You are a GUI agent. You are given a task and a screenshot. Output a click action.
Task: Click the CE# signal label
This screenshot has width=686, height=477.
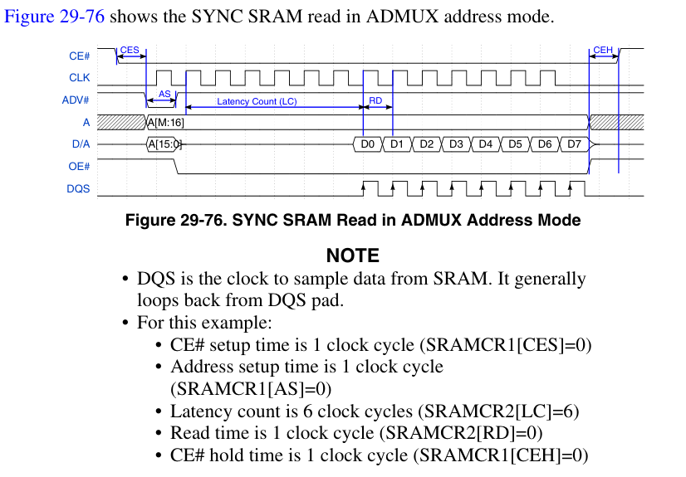pyautogui.click(x=79, y=56)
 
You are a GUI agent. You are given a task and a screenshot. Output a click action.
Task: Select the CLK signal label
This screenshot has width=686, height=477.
pyautogui.click(x=80, y=78)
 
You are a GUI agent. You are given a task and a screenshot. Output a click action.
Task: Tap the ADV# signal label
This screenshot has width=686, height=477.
pyautogui.click(x=77, y=100)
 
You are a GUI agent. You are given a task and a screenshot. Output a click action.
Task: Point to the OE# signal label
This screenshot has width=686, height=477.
pyautogui.click(x=79, y=166)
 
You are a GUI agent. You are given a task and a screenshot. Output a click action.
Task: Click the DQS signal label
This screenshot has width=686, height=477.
pyautogui.click(x=78, y=189)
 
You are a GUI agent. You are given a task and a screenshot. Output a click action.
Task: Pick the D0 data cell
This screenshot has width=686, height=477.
pyautogui.click(x=368, y=144)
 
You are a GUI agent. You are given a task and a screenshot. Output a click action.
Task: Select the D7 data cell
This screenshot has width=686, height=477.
pyautogui.click(x=574, y=144)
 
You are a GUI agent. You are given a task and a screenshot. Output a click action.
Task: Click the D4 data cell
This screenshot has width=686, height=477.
pyautogui.click(x=486, y=144)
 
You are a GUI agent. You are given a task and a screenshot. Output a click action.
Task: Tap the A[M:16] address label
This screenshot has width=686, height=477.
pyautogui.click(x=165, y=123)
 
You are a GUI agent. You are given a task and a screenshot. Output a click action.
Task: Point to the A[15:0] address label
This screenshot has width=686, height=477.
pyautogui.click(x=164, y=144)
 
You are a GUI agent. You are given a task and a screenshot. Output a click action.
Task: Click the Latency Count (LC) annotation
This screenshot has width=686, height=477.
pyautogui.click(x=257, y=101)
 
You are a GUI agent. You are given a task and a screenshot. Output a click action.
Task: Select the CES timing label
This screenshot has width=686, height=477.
pyautogui.click(x=130, y=50)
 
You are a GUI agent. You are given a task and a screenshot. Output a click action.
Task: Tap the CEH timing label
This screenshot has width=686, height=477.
pyautogui.click(x=603, y=50)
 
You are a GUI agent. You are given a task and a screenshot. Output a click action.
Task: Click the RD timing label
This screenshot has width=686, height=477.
pyautogui.click(x=375, y=101)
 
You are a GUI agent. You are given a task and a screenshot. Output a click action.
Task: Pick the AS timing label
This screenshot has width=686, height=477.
pyautogui.click(x=164, y=94)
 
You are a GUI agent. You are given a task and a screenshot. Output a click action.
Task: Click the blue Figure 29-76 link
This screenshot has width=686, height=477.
pyautogui.click(x=56, y=17)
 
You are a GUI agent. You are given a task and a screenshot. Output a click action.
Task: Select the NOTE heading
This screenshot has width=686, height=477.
pyautogui.click(x=352, y=256)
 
